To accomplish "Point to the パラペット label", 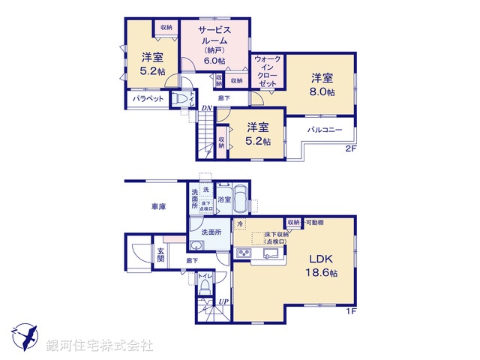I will point(148,98).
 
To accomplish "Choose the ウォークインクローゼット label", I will point(268,71).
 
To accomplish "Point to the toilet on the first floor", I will point(204,286).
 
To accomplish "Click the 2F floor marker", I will point(349,149).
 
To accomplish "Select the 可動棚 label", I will point(313,223).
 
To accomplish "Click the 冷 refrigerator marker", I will point(240,224).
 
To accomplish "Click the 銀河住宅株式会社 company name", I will point(100,345).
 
